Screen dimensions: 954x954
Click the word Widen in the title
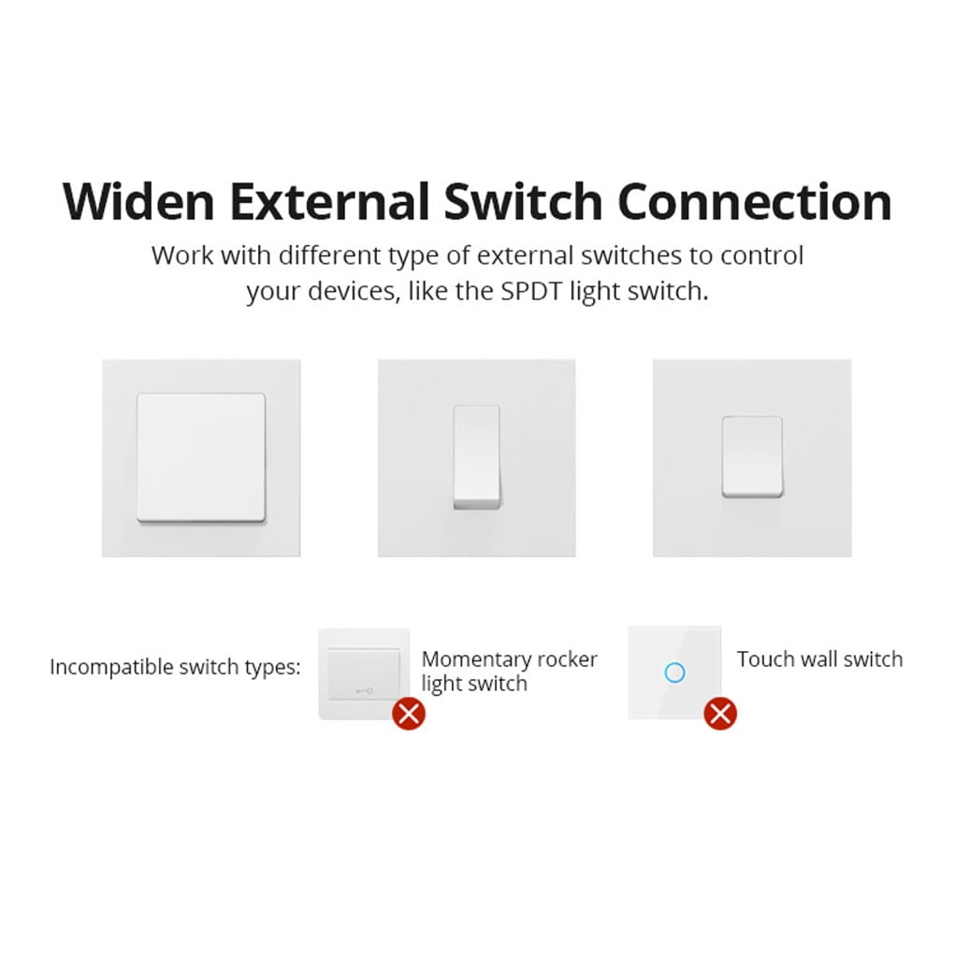(x=137, y=201)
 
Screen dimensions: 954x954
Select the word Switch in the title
(x=524, y=201)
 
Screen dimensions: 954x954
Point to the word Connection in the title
(x=756, y=201)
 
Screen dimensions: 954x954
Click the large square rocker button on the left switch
(x=201, y=456)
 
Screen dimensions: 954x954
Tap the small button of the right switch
(x=751, y=456)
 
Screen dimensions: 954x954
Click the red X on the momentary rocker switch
(x=409, y=714)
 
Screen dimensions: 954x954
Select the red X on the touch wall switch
(x=719, y=714)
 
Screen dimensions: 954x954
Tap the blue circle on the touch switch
(x=673, y=672)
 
